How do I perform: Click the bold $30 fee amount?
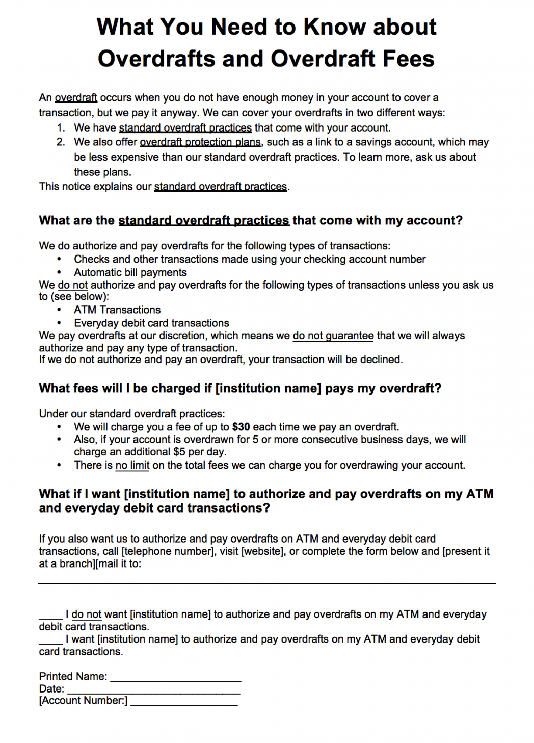coord(241,427)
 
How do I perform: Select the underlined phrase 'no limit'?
coord(132,465)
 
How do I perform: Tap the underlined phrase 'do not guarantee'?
coord(333,336)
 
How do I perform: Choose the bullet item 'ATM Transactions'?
coord(117,310)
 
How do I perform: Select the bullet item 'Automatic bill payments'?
coord(130,272)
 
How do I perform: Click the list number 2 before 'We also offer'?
coord(61,142)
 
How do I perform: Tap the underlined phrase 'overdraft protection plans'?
coord(200,142)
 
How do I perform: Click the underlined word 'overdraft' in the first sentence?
coord(76,97)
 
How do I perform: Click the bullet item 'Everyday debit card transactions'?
coord(151,323)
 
